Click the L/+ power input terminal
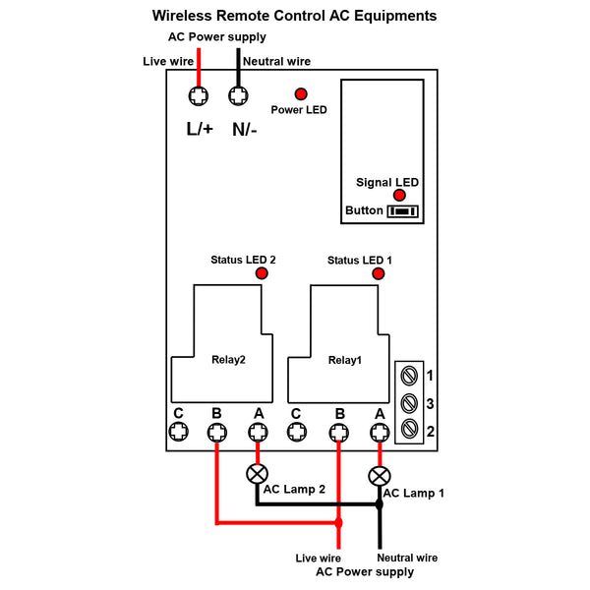point(199,96)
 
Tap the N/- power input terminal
point(238,96)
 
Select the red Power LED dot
point(301,94)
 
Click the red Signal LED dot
point(399,195)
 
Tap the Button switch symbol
point(402,211)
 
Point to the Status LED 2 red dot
point(262,273)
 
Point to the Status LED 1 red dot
point(379,273)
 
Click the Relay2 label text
point(228,360)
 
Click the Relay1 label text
point(345,360)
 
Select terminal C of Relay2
point(178,432)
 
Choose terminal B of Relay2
point(217,433)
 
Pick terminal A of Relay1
point(380,433)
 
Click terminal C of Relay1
point(297,432)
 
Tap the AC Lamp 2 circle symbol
point(257,474)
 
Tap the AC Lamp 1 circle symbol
point(380,476)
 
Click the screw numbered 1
point(409,376)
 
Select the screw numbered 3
point(409,403)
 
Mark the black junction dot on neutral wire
point(380,504)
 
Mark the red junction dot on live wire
point(338,523)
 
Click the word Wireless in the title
point(182,16)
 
